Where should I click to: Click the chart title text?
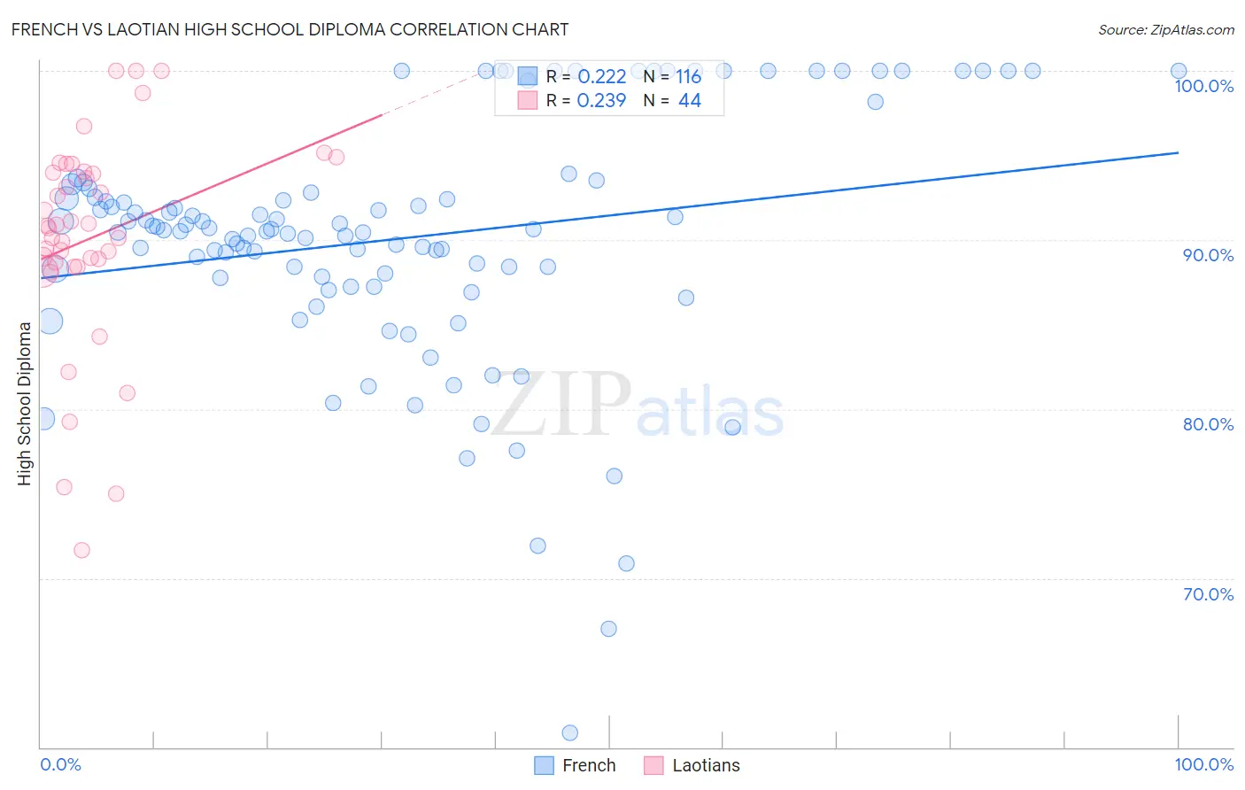(290, 29)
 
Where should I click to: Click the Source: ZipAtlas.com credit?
(1165, 29)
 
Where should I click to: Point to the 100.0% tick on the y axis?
(1203, 86)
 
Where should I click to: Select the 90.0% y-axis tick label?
(1208, 255)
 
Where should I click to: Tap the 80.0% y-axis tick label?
(1208, 424)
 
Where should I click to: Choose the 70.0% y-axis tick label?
(1208, 594)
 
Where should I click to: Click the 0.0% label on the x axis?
(60, 764)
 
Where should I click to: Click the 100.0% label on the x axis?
(1203, 764)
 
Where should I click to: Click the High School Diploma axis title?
(24, 403)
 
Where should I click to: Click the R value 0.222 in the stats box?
(601, 77)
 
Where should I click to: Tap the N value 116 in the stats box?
(689, 77)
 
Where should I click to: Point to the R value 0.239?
(601, 101)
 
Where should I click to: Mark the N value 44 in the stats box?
(689, 101)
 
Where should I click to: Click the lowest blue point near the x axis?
(569, 732)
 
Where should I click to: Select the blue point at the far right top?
(1179, 71)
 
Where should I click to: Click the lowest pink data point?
(81, 550)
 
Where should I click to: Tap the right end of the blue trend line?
(1178, 153)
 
